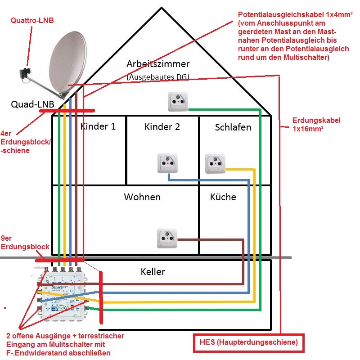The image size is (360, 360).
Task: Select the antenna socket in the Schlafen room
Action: tap(215, 163)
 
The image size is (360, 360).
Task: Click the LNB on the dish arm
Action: tap(25, 73)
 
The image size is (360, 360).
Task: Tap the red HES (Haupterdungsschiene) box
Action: tap(248, 343)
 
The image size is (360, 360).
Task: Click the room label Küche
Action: tap(223, 197)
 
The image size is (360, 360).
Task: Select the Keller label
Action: tap(153, 271)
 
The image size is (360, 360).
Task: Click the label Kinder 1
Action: tap(98, 126)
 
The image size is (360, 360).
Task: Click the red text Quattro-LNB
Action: tap(30, 20)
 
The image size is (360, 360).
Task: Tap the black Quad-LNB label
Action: tap(32, 104)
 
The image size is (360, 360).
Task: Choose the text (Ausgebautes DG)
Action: tap(157, 77)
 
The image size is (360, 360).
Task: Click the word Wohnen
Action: tap(142, 197)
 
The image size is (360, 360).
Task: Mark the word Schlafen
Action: tap(233, 127)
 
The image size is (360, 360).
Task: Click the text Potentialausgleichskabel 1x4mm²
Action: tap(295, 14)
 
